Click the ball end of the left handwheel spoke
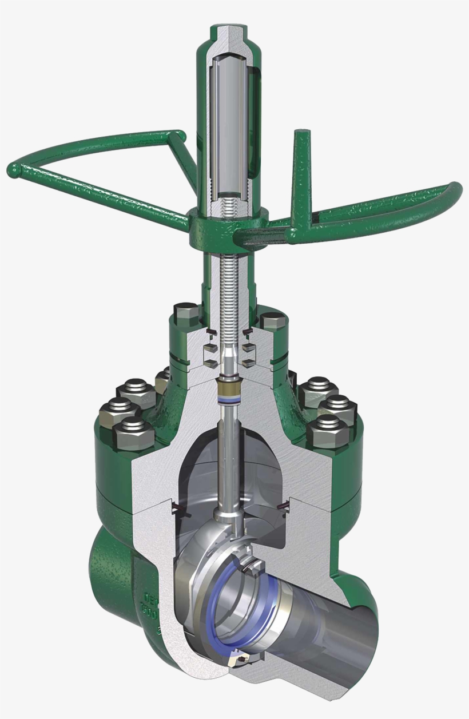[x=14, y=170]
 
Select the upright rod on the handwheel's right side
[x=300, y=172]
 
